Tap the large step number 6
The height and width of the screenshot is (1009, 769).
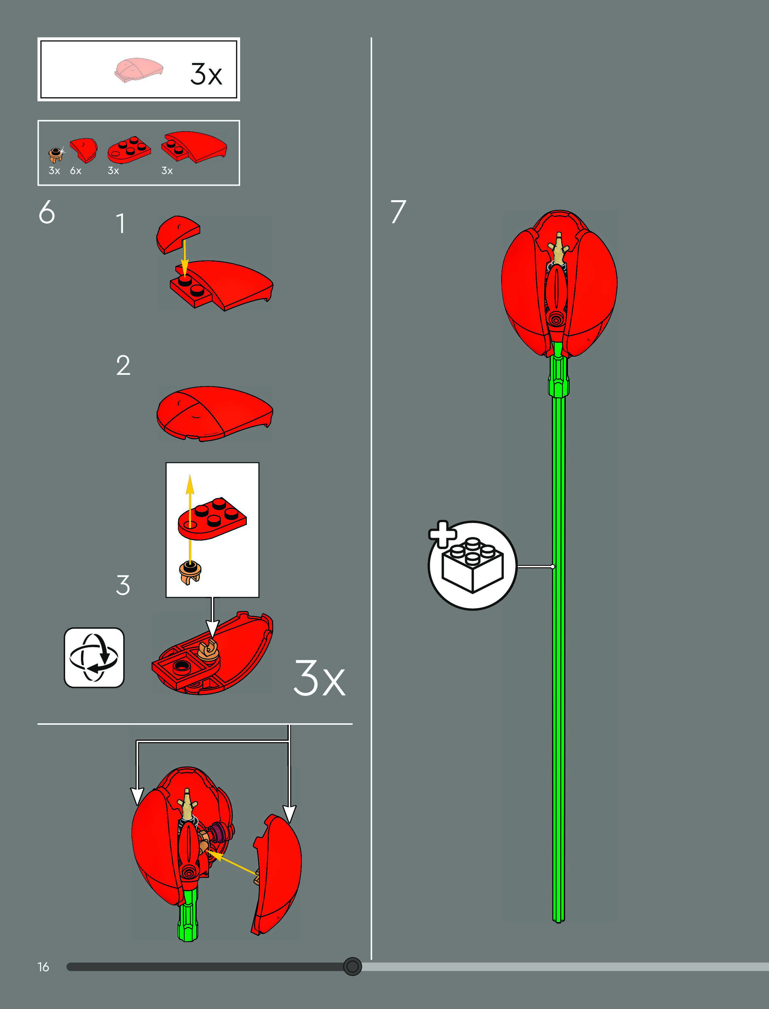[47, 212]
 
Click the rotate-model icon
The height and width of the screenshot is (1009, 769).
[94, 657]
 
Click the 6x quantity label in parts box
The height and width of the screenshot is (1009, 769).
[76, 171]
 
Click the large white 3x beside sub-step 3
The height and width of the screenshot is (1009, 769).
[319, 678]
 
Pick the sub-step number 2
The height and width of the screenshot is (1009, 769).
[123, 366]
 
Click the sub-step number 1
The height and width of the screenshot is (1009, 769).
[120, 224]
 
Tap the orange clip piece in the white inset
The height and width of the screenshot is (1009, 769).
[190, 572]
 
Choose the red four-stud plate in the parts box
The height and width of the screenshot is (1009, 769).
[129, 150]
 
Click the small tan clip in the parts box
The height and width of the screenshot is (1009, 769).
[56, 155]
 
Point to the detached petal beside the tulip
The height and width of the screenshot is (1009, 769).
[277, 874]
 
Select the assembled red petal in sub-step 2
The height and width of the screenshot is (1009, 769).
[214, 413]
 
